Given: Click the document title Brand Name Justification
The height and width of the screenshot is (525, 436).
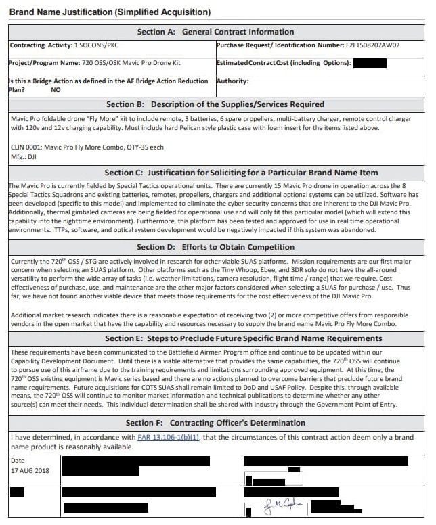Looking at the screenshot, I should (110, 12).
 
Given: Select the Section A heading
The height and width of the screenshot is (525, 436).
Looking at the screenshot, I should (215, 32).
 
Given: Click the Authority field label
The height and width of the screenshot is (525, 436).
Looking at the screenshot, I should (232, 81).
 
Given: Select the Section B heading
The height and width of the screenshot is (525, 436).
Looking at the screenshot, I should (215, 104).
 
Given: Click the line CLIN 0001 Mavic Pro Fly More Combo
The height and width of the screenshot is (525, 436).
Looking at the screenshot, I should (87, 147).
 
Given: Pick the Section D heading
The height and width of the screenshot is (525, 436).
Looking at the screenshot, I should (215, 247).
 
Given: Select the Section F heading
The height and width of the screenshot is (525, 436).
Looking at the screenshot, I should (215, 423).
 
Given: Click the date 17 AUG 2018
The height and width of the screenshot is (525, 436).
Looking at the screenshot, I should (30, 470).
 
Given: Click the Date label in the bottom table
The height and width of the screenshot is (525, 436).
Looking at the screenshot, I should (18, 461).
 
